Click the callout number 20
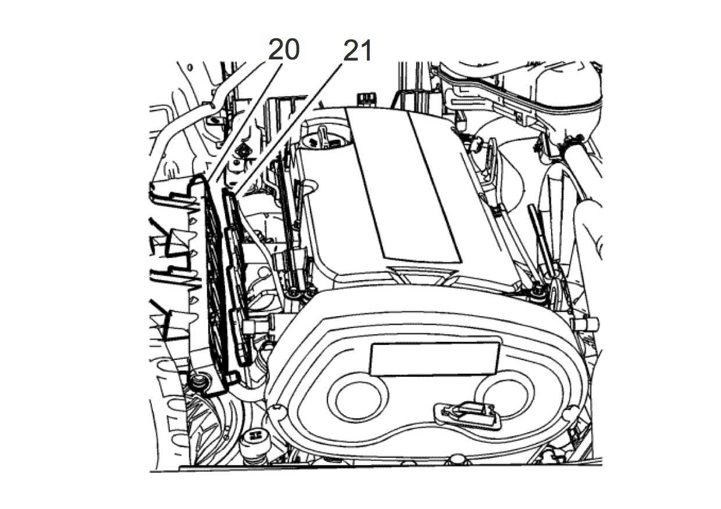pyautogui.click(x=284, y=49)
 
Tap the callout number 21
pyautogui.click(x=357, y=50)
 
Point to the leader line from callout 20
pyautogui.click(x=244, y=120)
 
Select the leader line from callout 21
pyautogui.click(x=287, y=129)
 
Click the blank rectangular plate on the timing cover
pyautogui.click(x=435, y=358)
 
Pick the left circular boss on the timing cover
pyautogui.click(x=358, y=398)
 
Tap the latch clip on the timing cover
pyautogui.click(x=467, y=415)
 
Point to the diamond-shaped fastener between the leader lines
pyautogui.click(x=243, y=151)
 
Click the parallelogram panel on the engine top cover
pyautogui.click(x=404, y=185)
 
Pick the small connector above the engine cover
pyautogui.click(x=366, y=99)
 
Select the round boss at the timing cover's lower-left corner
pyautogui.click(x=276, y=409)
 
